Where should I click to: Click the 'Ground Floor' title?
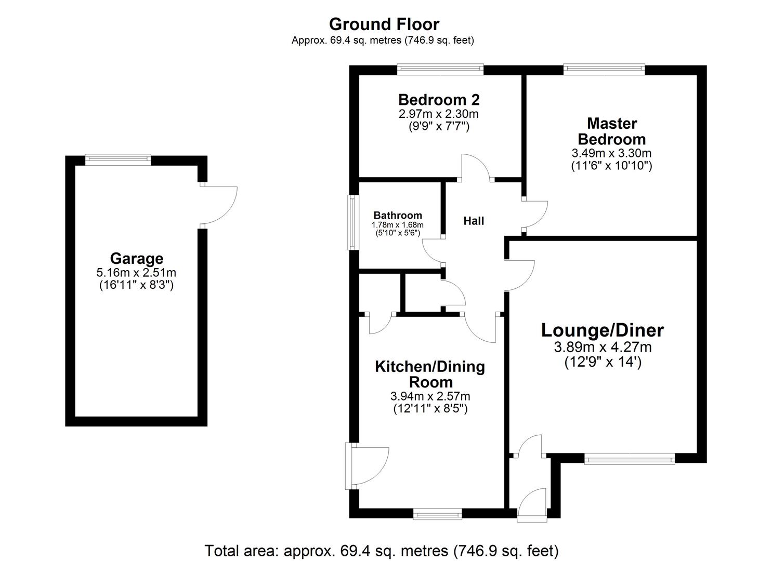coord(384,24)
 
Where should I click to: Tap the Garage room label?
coord(136,258)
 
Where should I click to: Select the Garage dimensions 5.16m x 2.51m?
coord(136,272)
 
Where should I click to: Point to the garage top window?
coord(118,159)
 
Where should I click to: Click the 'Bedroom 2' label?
coord(439,99)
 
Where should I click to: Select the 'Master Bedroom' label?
coord(611,131)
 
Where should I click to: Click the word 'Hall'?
coord(474,221)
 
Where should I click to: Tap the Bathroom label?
coord(398,215)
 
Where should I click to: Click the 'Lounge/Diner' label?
coord(603,330)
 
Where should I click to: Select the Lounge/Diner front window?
coord(629,458)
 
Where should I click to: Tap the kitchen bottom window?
coord(437,514)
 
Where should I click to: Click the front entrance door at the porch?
coord(532,504)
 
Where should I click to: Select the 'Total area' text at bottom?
coord(382,551)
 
